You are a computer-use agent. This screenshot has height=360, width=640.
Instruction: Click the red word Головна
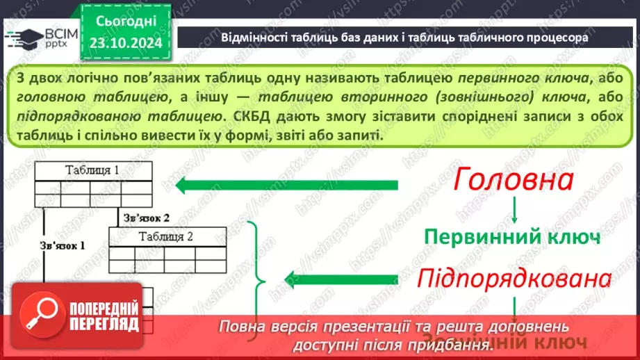click(x=514, y=181)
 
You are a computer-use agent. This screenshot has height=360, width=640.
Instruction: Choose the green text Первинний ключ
click(x=513, y=236)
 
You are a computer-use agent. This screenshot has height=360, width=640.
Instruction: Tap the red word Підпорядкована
click(x=514, y=279)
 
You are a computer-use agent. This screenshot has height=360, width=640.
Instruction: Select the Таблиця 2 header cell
click(x=165, y=237)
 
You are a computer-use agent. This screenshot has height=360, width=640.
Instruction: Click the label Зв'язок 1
click(x=62, y=245)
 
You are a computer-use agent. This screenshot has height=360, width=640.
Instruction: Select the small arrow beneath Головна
click(x=514, y=208)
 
